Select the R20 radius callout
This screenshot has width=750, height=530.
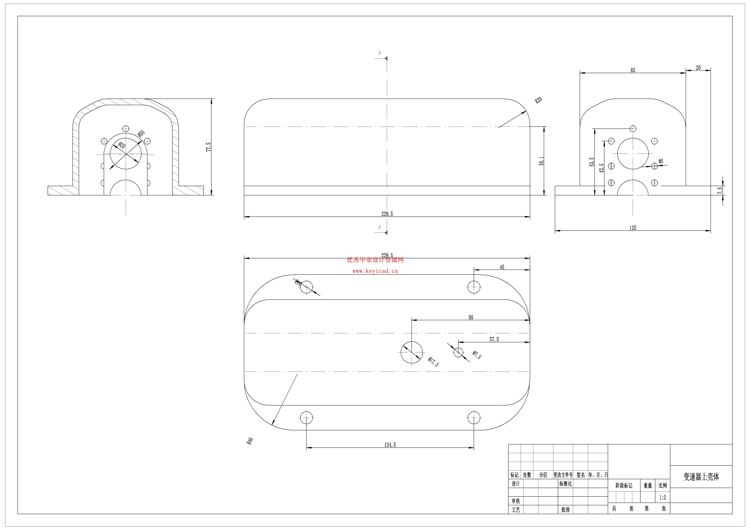538,100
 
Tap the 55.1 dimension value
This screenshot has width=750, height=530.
541,161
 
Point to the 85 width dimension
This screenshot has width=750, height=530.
633,70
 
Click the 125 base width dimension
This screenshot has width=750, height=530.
633,228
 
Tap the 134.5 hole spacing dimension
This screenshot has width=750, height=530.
390,445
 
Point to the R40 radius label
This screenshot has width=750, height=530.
250,441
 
